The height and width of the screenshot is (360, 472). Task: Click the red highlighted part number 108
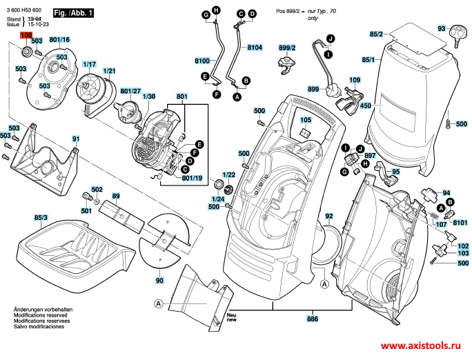click(x=26, y=34)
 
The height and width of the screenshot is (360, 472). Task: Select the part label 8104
click(x=255, y=48)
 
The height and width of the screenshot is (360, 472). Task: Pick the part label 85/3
click(x=41, y=218)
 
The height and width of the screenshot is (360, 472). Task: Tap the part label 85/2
click(x=376, y=34)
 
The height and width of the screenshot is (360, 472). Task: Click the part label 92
click(x=329, y=216)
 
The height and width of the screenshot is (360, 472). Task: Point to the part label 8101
click(x=460, y=223)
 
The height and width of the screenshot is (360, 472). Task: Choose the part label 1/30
click(x=149, y=96)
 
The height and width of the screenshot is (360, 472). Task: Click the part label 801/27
click(x=130, y=90)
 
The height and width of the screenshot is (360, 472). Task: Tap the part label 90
click(x=159, y=281)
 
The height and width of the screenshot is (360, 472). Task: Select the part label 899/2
click(x=287, y=48)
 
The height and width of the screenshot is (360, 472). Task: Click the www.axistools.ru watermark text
click(x=422, y=346)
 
